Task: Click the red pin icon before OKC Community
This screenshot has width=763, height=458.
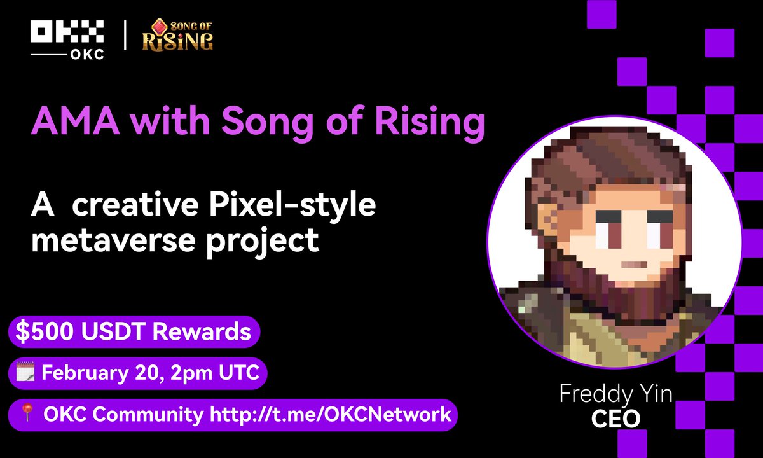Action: click(26, 415)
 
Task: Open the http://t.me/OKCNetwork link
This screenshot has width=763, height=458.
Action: click(330, 415)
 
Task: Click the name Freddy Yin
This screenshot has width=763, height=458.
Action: click(615, 394)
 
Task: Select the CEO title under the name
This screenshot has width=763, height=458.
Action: click(615, 419)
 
